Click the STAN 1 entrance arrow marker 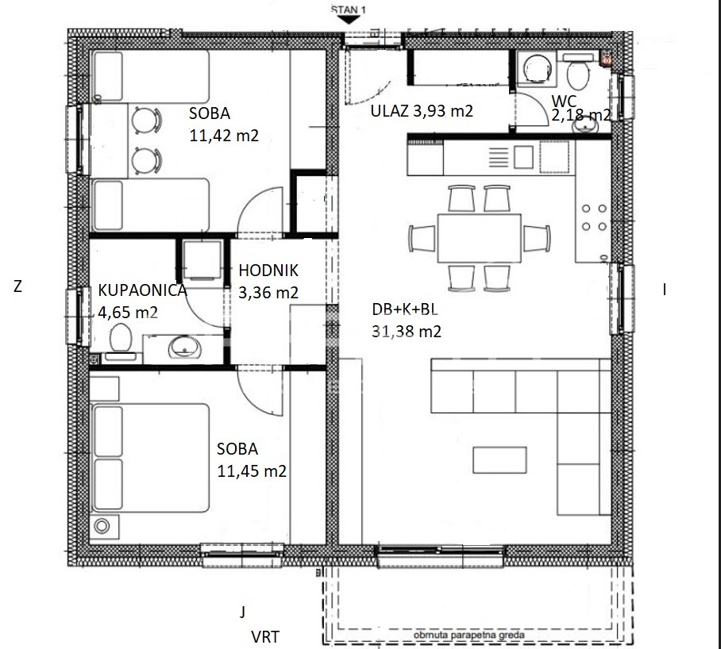pyautogui.click(x=348, y=20)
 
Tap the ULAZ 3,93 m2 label pyautogui.click(x=422, y=111)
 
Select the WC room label pyautogui.click(x=565, y=101)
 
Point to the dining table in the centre pyautogui.click(x=479, y=238)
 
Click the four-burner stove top pyautogui.click(x=594, y=217)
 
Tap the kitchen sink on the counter pyautogui.click(x=522, y=157)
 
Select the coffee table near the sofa pyautogui.click(x=499, y=459)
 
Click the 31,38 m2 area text pyautogui.click(x=407, y=331)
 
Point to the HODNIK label pyautogui.click(x=268, y=271)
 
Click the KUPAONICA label pyautogui.click(x=143, y=290)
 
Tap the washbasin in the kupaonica pyautogui.click(x=184, y=347)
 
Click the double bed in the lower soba pyautogui.click(x=151, y=458)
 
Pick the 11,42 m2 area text pyautogui.click(x=224, y=136)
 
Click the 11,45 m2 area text pyautogui.click(x=252, y=470)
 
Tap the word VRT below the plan pyautogui.click(x=265, y=637)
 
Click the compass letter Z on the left pyautogui.click(x=18, y=286)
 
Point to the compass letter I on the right pyautogui.click(x=664, y=290)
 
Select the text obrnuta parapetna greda pyautogui.click(x=469, y=636)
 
